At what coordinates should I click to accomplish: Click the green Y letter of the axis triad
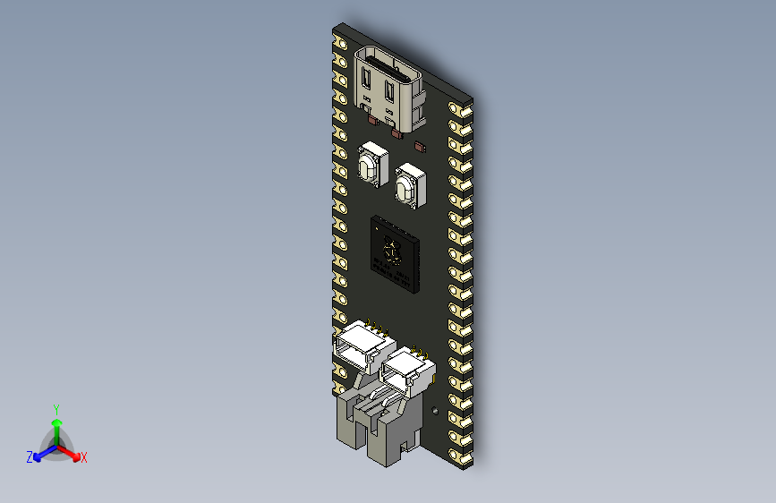55,408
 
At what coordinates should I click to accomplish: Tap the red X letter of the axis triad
84,457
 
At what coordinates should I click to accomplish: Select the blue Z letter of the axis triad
30,457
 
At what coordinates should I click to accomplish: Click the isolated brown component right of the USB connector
422,144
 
